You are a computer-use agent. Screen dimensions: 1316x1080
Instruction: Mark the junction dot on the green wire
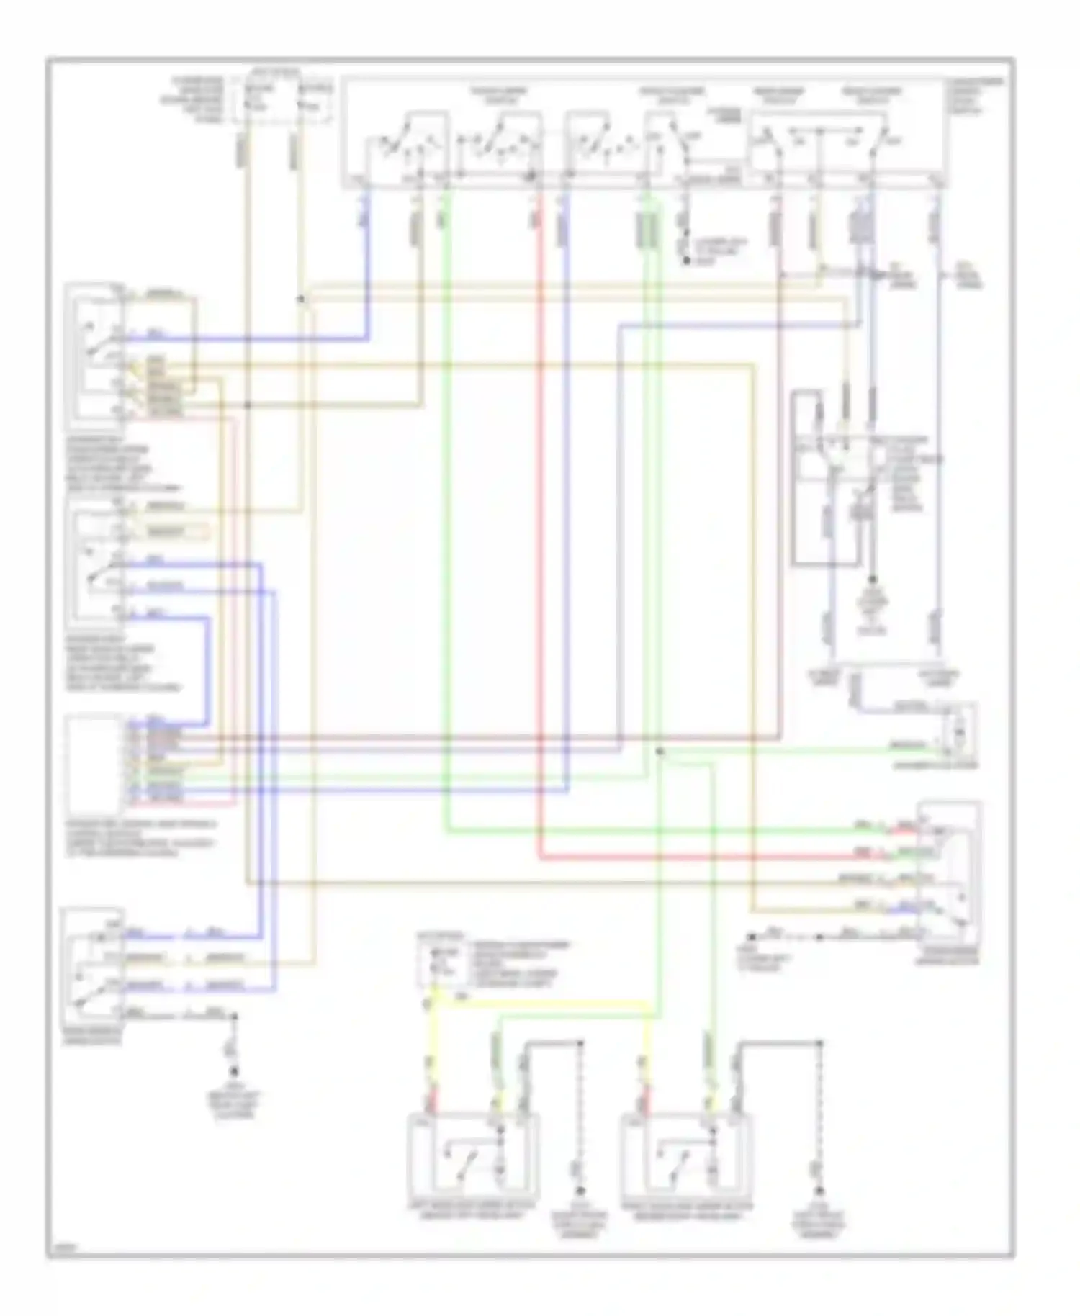[659, 752]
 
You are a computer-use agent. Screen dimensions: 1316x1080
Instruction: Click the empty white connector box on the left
[93, 765]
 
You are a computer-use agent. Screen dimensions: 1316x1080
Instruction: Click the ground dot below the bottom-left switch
[233, 1070]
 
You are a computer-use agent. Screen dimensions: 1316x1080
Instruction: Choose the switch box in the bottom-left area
[92, 965]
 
